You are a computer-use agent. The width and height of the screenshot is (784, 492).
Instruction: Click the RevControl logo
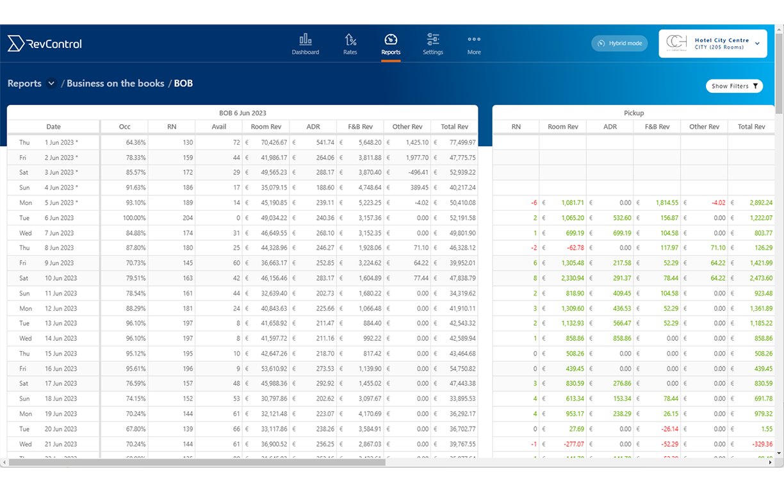coord(45,44)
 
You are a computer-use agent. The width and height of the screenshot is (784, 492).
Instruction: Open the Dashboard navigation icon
coord(306,44)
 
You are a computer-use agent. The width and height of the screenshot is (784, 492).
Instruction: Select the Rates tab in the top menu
coord(350,44)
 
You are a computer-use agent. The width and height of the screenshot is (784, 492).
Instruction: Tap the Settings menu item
coord(433,44)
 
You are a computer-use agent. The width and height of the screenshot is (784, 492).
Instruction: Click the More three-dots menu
coord(474,44)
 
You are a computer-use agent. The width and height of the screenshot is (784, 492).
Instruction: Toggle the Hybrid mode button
coord(619,44)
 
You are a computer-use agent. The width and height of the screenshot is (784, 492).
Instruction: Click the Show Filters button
coord(734,86)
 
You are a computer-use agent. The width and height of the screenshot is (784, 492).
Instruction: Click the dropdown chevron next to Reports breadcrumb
coord(51,83)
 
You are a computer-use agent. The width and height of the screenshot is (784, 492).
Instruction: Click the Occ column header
coord(124,127)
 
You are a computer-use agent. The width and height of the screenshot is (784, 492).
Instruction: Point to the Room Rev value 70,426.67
coord(269,142)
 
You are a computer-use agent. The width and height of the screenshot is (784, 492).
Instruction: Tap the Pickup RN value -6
coord(534,202)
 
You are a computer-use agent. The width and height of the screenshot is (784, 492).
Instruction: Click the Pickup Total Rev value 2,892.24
coord(760,202)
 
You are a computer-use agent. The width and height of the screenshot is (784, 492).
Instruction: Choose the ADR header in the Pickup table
coord(610,127)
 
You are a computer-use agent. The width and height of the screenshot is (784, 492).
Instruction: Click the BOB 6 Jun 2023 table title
coord(242,113)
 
